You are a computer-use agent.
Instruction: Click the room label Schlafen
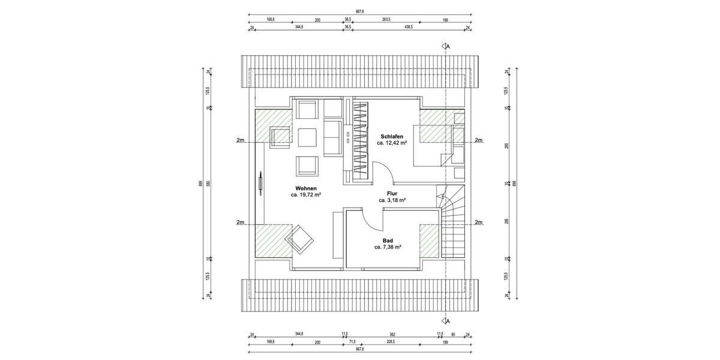[x=392, y=136]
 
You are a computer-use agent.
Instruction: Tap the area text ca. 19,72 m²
[x=306, y=195]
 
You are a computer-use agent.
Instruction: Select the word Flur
[x=392, y=193]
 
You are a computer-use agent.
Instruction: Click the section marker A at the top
[x=446, y=46]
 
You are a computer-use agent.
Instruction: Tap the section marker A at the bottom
[x=446, y=320]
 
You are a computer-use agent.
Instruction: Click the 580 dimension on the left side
[x=208, y=183]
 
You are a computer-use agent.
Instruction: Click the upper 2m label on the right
[x=479, y=140]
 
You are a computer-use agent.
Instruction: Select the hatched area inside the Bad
[x=430, y=240]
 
